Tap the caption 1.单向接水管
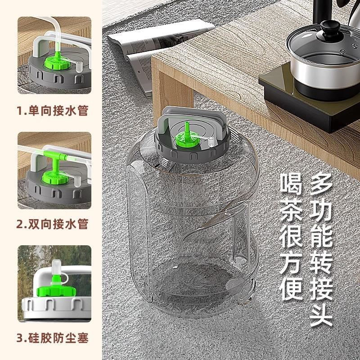tap(52, 111)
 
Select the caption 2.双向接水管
tap(52, 224)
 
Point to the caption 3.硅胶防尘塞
tap(52, 337)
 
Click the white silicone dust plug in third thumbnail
tap(57, 269)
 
